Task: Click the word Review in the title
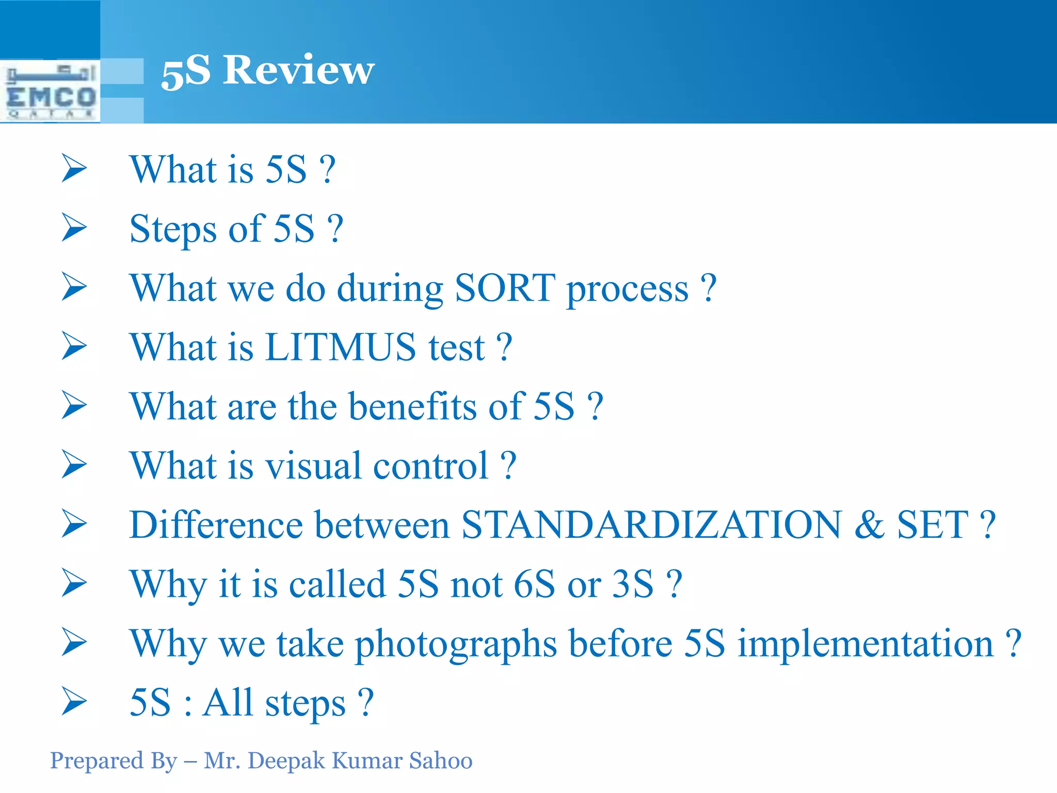(x=298, y=70)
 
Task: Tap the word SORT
(x=505, y=288)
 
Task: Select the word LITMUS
(x=340, y=347)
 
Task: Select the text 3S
(x=633, y=584)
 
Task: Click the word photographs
(x=456, y=644)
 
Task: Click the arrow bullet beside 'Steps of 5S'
(x=74, y=227)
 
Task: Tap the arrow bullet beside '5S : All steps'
(x=74, y=701)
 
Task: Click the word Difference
(x=216, y=525)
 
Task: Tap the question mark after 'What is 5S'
(x=327, y=170)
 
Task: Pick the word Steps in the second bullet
(x=173, y=229)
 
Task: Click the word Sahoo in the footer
(x=441, y=761)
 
